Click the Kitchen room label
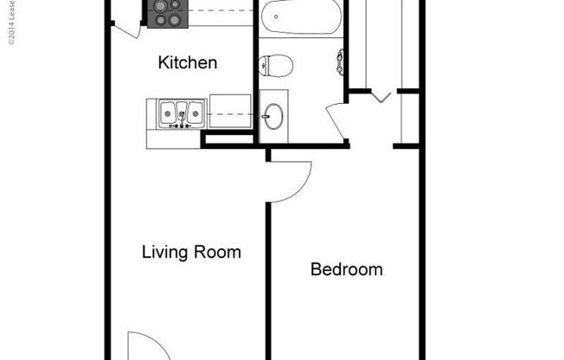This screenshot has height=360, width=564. tap(187, 63)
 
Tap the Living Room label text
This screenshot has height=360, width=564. tap(191, 253)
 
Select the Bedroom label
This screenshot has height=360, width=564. tap(346, 270)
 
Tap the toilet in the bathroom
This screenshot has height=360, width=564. tap(278, 64)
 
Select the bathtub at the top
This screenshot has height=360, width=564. tap(299, 17)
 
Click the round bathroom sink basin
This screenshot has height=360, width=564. tap(273, 116)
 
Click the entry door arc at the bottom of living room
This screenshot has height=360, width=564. tap(138, 346)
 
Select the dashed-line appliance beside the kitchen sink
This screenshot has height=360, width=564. tap(229, 112)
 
